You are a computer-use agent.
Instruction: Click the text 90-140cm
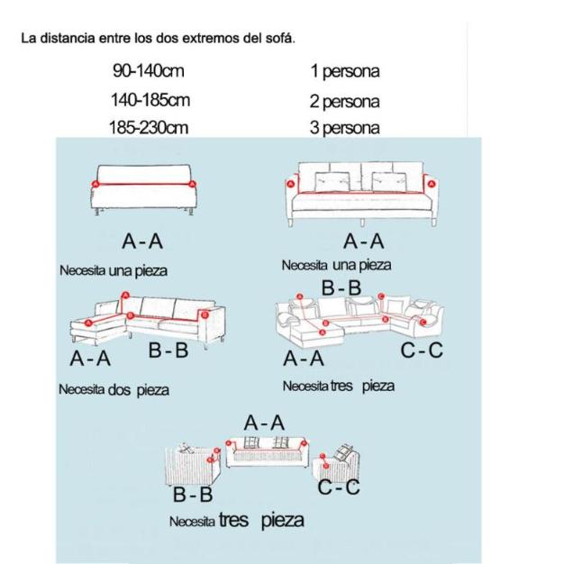(x=148, y=70)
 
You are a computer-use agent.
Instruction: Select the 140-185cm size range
(x=149, y=99)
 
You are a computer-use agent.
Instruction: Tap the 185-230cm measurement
(x=149, y=128)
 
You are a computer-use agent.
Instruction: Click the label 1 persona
(x=344, y=70)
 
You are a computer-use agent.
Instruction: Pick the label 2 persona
(x=344, y=101)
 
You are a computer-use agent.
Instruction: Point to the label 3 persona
(x=344, y=129)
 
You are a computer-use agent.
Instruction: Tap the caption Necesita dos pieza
(x=114, y=390)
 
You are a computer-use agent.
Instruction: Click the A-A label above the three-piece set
(x=264, y=423)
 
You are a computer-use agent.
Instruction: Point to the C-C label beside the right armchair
(x=338, y=487)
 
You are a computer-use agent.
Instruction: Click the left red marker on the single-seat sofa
(x=96, y=182)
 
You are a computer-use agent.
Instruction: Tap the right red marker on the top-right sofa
(x=431, y=184)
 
